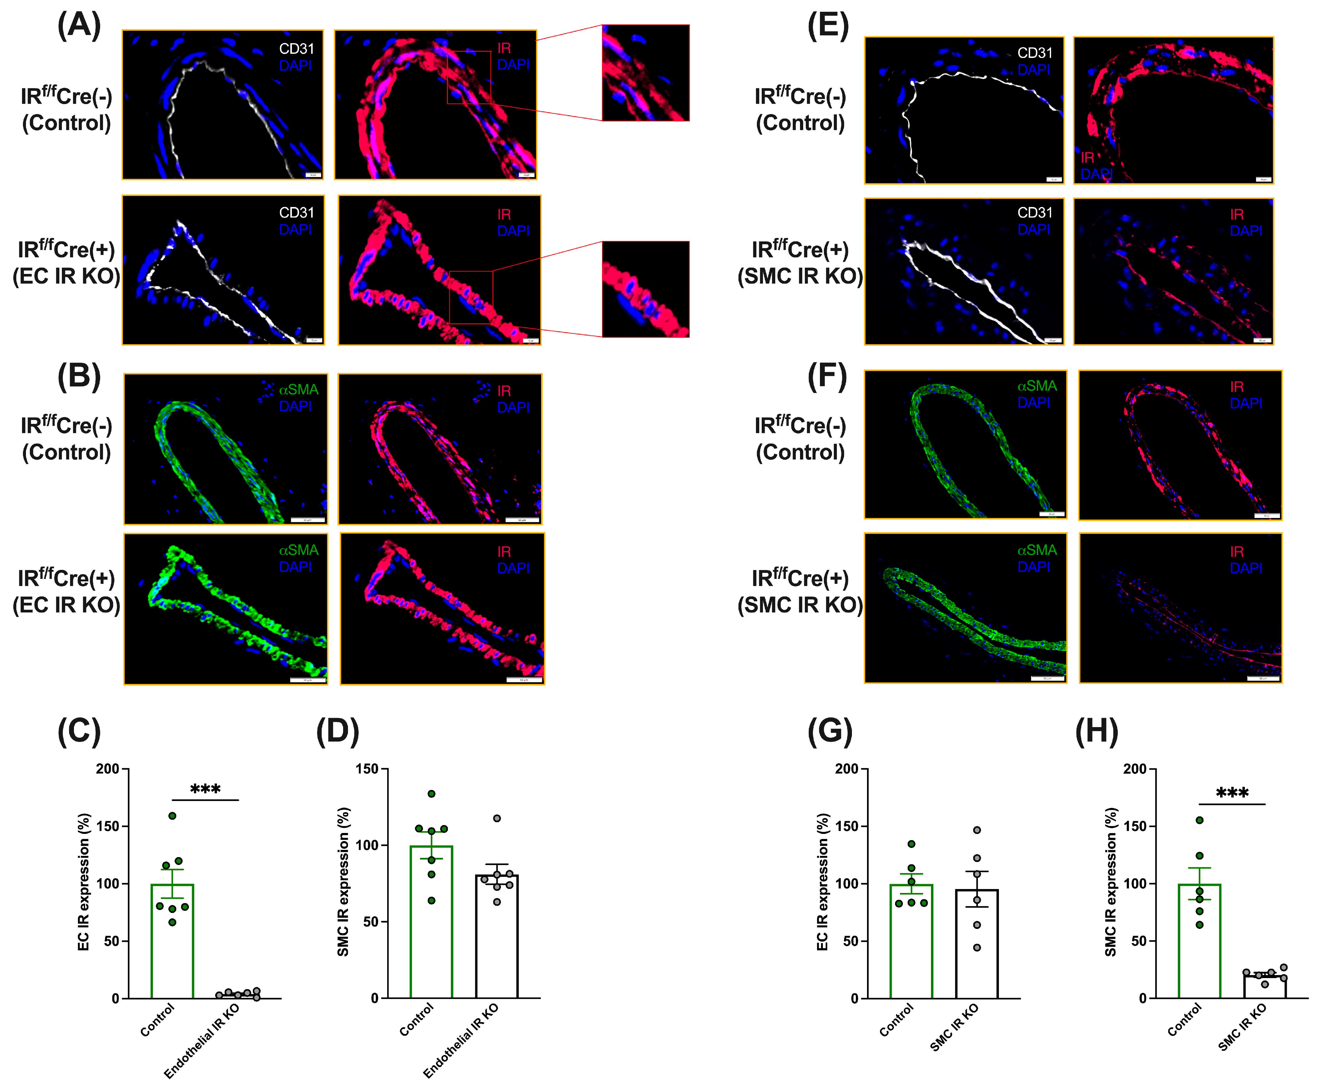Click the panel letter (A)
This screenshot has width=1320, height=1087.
click(x=79, y=26)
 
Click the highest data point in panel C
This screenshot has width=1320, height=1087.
click(x=172, y=815)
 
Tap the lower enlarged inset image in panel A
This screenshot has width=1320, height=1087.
click(x=646, y=289)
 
